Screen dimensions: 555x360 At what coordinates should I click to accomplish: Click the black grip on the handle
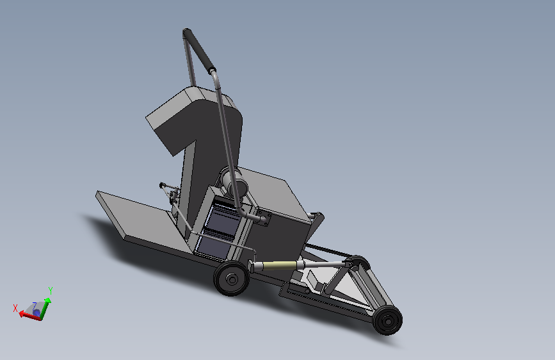(199, 51)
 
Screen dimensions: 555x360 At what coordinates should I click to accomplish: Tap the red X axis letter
(15, 308)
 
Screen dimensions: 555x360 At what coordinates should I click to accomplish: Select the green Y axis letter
(51, 291)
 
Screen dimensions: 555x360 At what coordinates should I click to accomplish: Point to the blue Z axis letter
(35, 306)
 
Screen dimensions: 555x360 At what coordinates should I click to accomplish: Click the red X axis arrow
(30, 315)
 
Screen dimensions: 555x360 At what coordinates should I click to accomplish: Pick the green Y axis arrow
(45, 309)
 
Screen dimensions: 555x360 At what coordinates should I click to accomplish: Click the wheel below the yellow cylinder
(232, 279)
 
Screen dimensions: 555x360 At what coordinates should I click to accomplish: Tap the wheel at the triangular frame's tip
(387, 320)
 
